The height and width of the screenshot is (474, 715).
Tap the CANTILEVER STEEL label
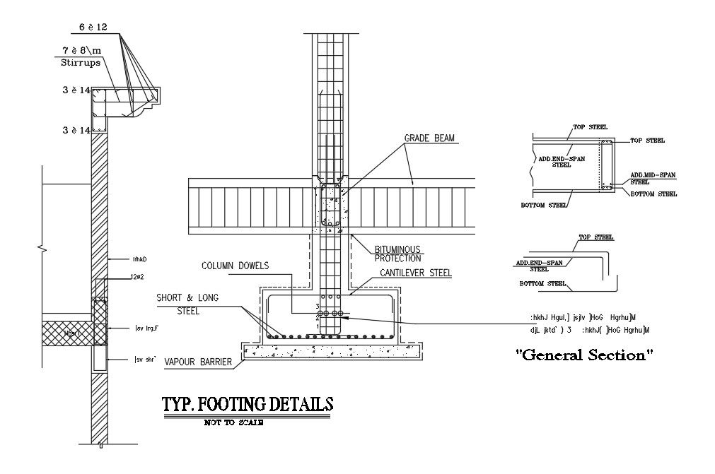[x=416, y=272]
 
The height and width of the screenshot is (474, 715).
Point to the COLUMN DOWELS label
[x=235, y=266]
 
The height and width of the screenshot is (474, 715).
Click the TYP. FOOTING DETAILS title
[x=248, y=405]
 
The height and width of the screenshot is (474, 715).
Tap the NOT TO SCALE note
[x=233, y=422]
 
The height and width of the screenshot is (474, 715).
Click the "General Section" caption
[x=584, y=355]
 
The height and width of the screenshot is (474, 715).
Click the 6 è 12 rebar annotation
[x=92, y=26]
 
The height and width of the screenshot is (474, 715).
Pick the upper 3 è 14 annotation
[x=76, y=90]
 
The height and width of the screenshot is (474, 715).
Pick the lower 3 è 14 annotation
[x=76, y=130]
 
